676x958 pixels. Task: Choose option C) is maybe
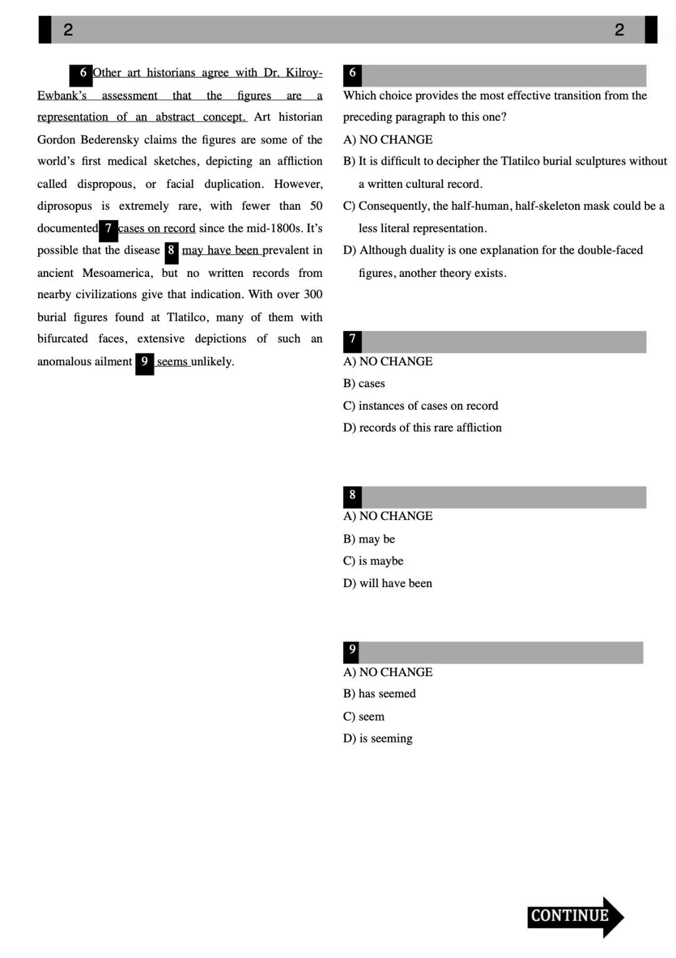(x=373, y=561)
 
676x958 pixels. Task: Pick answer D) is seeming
(x=377, y=738)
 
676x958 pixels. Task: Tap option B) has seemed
(x=379, y=694)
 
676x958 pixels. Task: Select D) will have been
(x=387, y=583)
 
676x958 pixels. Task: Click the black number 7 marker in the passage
(x=108, y=229)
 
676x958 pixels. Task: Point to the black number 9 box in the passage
(x=145, y=363)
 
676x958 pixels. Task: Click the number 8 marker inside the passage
(x=171, y=251)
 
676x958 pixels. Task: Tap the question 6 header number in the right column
(x=352, y=74)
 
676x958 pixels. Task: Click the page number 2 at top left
(x=68, y=29)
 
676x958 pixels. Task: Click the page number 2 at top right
(x=619, y=29)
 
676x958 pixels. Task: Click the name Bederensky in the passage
(x=110, y=140)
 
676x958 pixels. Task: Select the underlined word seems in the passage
(x=172, y=362)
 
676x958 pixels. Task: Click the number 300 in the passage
(x=313, y=294)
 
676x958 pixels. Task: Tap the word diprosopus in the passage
(x=64, y=206)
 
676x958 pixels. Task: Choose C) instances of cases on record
(x=421, y=406)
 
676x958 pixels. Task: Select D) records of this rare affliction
(x=422, y=428)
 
